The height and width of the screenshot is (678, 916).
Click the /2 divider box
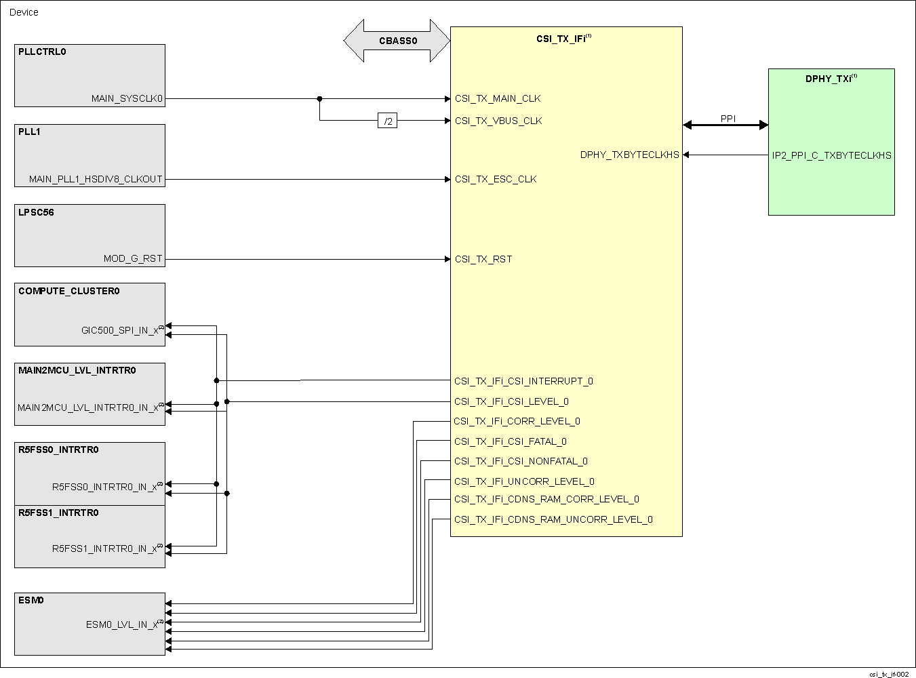pos(387,121)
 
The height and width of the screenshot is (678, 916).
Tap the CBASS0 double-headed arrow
pos(397,41)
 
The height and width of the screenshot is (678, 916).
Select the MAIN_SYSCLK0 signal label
pos(127,99)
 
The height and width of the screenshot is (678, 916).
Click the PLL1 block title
pos(29,132)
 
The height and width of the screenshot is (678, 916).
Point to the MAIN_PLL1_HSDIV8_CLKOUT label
pos(96,180)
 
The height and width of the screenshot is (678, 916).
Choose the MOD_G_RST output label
pos(133,259)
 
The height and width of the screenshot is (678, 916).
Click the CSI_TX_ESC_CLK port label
pos(496,180)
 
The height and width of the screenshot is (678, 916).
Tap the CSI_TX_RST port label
pos(483,259)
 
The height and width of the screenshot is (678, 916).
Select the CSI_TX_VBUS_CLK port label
pos(498,121)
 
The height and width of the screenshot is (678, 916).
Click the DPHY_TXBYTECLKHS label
pos(629,155)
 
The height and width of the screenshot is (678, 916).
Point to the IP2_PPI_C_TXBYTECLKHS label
pos(831,155)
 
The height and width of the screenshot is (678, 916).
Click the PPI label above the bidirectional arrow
pos(728,119)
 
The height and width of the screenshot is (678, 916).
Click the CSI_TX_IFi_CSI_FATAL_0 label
pos(510,442)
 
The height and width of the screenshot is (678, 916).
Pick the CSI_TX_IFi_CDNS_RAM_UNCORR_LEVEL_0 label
pos(553,520)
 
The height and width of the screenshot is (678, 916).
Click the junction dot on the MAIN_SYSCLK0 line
pos(319,99)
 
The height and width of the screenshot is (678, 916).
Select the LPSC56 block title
pos(36,212)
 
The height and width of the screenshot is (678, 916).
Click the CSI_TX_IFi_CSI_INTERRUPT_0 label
pos(523,382)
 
